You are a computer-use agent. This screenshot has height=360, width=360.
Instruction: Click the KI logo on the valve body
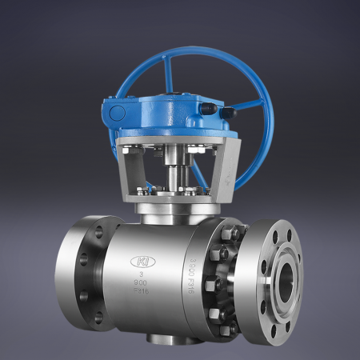pos(144,262)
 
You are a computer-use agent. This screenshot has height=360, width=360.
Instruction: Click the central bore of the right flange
pos(285,281)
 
